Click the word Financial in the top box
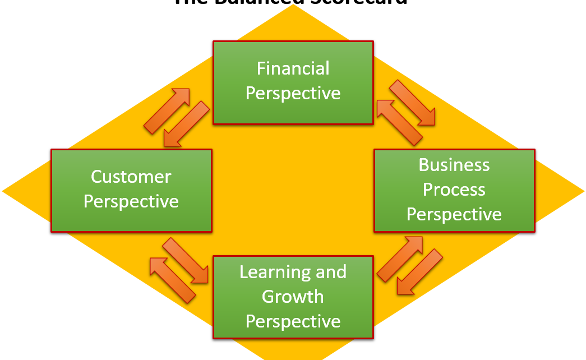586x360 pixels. click(x=293, y=68)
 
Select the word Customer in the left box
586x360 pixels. click(x=131, y=177)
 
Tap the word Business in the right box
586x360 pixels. click(x=454, y=165)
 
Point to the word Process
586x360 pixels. click(x=454, y=190)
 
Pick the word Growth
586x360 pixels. click(x=293, y=297)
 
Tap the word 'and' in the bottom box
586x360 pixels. click(x=331, y=272)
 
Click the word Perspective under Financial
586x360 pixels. click(x=293, y=93)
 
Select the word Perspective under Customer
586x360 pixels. click(x=131, y=201)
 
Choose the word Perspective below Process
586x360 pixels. click(x=454, y=214)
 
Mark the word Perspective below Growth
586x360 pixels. click(x=293, y=321)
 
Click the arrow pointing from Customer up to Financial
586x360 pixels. click(x=167, y=111)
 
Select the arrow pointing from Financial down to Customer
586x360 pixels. click(x=184, y=124)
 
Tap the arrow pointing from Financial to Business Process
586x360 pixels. click(x=412, y=102)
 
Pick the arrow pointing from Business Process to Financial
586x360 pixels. click(x=399, y=122)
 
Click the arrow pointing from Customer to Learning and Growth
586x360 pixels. click(x=186, y=260)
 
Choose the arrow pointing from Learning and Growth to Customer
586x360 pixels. click(x=172, y=279)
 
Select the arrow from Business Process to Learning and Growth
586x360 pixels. click(x=419, y=272)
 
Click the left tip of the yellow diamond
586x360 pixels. click(x=4, y=191)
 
